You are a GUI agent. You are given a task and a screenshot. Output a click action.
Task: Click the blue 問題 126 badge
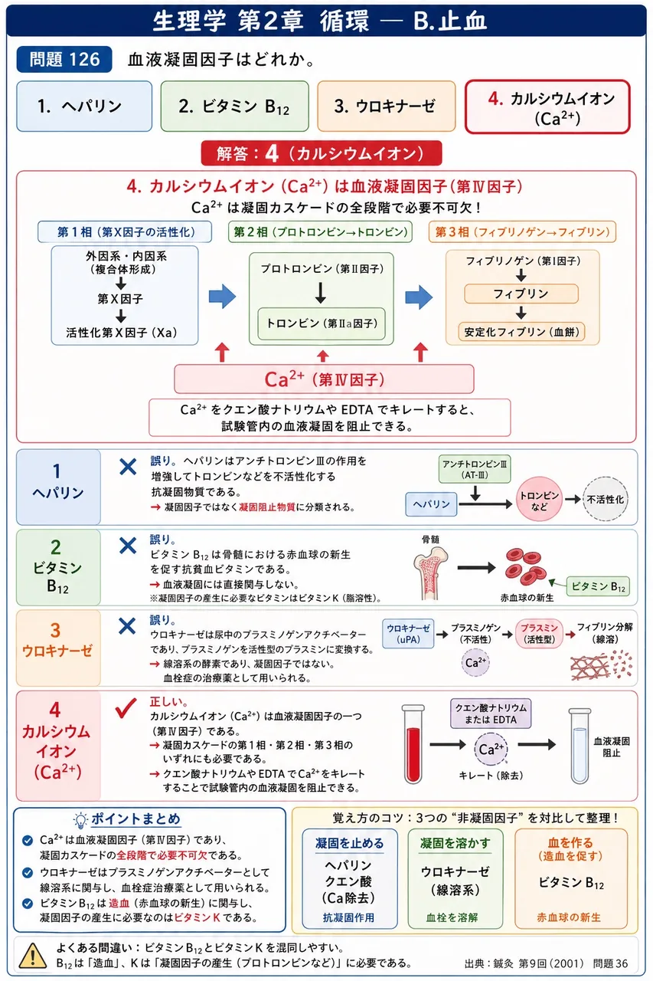64,59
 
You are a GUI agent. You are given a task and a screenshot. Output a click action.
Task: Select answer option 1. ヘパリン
84,106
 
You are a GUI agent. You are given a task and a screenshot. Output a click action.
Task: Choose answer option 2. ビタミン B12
234,106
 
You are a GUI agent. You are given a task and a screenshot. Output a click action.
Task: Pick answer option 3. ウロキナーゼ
386,106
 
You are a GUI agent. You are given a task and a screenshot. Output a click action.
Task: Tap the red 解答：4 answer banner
322,153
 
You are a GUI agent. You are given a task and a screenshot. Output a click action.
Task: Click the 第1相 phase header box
125,231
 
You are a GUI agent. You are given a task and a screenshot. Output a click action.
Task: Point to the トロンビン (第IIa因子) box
322,323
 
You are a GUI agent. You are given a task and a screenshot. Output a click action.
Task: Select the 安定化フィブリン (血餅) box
522,332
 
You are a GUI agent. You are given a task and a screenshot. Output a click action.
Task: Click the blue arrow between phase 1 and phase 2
223,297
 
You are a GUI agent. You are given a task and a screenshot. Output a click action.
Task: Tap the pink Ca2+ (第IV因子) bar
324,379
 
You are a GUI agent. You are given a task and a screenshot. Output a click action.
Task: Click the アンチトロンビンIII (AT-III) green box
475,469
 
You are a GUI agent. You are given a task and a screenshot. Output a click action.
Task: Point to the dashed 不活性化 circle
606,499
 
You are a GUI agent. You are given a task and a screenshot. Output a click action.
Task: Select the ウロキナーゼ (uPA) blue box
408,633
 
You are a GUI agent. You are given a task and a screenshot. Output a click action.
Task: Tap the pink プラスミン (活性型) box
539,633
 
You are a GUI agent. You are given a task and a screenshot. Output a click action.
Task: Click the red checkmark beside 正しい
126,708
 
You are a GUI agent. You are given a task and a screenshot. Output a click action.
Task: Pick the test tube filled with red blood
413,743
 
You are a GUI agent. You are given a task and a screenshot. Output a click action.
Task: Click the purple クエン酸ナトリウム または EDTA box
491,714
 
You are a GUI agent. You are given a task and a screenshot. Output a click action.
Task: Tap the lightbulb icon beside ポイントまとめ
80,820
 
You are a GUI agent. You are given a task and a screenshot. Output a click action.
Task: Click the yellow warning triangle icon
33,955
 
